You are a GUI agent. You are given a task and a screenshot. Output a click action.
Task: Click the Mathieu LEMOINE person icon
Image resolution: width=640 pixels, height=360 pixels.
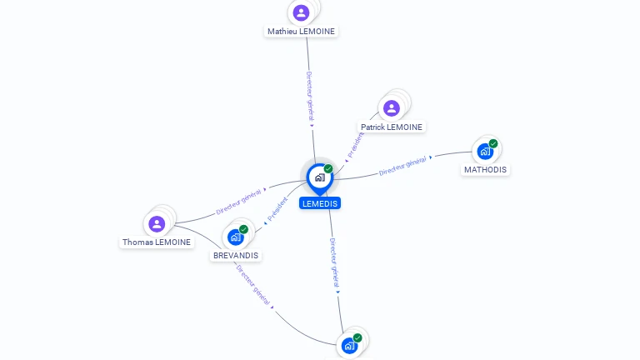point(301,12)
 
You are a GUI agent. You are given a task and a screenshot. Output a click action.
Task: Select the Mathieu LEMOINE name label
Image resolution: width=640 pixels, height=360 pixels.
point(301,32)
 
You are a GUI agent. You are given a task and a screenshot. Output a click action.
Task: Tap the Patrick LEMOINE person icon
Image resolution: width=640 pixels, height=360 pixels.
point(392,108)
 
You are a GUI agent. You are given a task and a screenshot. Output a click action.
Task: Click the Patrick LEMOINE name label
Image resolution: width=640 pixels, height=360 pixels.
point(392,127)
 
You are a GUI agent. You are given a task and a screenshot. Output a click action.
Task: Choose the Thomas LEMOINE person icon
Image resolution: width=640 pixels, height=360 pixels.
point(157,224)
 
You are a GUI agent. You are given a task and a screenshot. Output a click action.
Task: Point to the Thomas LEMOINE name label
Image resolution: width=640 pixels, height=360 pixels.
point(157,242)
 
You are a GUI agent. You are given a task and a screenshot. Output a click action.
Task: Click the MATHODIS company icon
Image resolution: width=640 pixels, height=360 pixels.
point(485,152)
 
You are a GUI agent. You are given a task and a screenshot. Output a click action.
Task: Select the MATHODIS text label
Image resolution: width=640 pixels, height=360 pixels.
point(485,170)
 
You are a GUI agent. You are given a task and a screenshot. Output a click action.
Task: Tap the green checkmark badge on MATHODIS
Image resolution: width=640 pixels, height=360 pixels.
point(493,143)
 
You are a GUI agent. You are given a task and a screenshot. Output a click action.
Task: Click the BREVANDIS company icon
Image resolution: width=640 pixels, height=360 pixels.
point(236,237)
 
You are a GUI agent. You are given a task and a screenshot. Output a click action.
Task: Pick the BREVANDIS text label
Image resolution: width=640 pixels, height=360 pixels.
point(236,256)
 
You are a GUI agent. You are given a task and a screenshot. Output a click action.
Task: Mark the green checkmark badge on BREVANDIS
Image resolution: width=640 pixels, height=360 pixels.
point(243,229)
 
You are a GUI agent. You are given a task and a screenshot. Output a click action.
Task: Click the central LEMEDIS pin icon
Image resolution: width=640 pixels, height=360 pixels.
point(320,179)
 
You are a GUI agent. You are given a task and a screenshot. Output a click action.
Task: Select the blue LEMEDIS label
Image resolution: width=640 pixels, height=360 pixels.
point(320,203)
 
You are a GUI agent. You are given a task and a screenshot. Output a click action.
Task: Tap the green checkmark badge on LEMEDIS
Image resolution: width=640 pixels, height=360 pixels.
point(328,168)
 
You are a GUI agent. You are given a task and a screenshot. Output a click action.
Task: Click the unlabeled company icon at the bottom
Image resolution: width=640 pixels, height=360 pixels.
point(349,346)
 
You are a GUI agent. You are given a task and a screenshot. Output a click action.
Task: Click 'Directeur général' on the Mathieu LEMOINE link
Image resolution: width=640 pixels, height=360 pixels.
point(310,97)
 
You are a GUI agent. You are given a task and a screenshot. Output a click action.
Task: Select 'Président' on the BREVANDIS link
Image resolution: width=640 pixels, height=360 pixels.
point(277,209)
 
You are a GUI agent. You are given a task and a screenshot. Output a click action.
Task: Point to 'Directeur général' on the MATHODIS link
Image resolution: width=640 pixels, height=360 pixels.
point(402,166)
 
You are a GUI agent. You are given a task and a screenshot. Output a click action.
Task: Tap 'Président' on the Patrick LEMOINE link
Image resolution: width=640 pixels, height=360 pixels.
point(356,145)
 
